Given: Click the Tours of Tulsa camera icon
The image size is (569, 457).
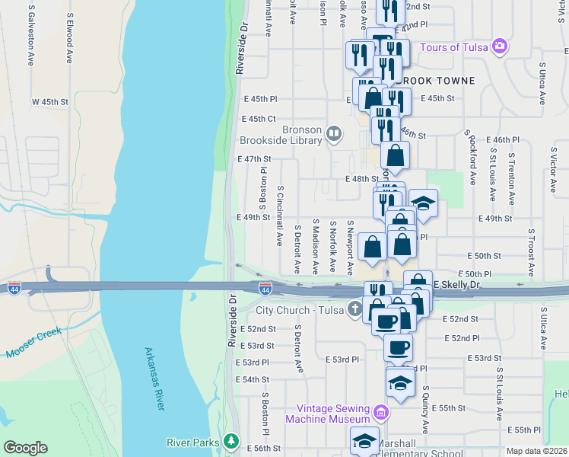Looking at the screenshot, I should click(500, 46).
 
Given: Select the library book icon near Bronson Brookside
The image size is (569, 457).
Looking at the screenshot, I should click(333, 135).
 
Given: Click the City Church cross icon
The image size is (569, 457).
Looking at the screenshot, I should click(354, 309).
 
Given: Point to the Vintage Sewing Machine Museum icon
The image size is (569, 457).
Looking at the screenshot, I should click(381, 414).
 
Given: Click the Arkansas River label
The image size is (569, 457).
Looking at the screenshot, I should click(154, 379).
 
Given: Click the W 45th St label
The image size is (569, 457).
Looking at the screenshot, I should click(51, 101).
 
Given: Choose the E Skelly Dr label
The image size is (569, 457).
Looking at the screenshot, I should click(458, 284).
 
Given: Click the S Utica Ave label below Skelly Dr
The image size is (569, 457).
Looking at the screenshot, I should click(543, 328).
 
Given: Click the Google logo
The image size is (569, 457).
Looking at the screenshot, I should click(25, 448).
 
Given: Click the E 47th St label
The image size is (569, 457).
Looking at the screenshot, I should click(254, 159).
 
